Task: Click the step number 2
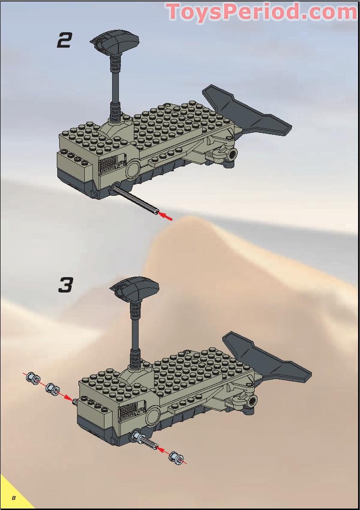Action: [x=64, y=40]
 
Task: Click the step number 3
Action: [x=65, y=285]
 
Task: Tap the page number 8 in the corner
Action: [x=14, y=497]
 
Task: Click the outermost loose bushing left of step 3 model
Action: [x=33, y=379]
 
